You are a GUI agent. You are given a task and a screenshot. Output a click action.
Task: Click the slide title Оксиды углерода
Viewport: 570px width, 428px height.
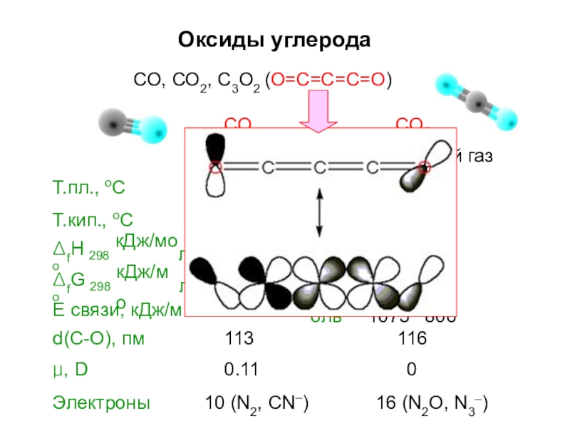point(274,39)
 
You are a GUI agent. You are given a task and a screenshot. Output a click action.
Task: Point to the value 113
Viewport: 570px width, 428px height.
point(239,339)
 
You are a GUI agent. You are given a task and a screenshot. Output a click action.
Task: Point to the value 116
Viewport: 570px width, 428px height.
point(413,339)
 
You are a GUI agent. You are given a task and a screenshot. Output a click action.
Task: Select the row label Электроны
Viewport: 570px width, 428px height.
point(101,403)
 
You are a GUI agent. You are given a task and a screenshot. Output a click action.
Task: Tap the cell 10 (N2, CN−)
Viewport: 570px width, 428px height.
point(256,404)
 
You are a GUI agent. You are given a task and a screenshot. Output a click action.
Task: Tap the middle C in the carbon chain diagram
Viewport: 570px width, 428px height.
point(319,168)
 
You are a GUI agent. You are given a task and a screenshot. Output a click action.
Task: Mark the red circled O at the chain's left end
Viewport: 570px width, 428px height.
point(214,168)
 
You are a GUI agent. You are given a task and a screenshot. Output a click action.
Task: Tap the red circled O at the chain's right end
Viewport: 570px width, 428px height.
point(424,168)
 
